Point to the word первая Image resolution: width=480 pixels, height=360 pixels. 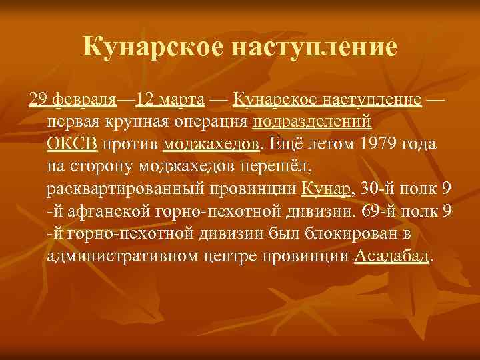coord(75,122)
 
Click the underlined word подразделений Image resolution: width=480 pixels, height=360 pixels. coord(313,122)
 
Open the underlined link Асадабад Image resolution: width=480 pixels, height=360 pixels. coord(392,255)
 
